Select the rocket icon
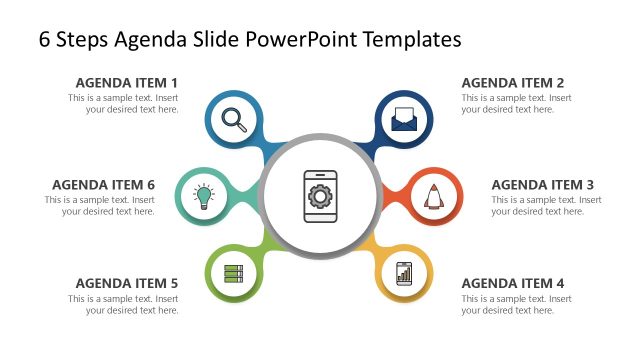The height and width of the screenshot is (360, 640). (433, 196)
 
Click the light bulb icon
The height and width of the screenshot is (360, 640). (204, 196)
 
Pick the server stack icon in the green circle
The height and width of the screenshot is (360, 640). (234, 272)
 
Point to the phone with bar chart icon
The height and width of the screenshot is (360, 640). (404, 272)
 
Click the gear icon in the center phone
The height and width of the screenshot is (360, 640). (319, 194)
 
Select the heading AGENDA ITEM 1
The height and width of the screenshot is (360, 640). (127, 82)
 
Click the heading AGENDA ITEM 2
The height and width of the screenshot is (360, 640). (513, 82)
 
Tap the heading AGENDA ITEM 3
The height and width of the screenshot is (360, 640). (543, 184)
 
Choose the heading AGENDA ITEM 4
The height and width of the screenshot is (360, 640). (513, 283)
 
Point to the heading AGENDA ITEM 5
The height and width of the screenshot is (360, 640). (127, 283)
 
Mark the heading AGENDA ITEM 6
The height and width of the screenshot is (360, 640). (103, 184)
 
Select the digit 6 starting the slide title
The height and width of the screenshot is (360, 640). (45, 39)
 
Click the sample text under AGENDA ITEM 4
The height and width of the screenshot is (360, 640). (516, 304)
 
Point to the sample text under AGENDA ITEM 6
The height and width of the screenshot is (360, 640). (99, 205)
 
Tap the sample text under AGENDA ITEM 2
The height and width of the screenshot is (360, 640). (516, 103)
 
